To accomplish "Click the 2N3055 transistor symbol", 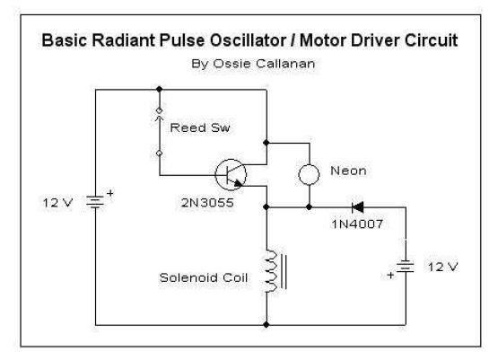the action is point(231,174).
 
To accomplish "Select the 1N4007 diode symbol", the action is point(358,207).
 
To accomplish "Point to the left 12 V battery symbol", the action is point(95,202).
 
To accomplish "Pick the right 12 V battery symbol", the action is point(406,267).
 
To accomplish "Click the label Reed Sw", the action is point(200,127).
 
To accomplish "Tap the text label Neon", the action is point(348,171).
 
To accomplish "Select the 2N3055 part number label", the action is point(207,203).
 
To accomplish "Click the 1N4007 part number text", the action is point(358,224).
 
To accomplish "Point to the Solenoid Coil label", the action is point(204,277).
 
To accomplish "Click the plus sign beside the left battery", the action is point(109,193).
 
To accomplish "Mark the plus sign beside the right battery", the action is point(390,276).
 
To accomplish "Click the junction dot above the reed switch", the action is point(160,89).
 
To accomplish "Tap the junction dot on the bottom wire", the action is point(266,325).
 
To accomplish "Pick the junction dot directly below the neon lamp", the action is point(309,207).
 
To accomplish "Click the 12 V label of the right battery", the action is point(443,267).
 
